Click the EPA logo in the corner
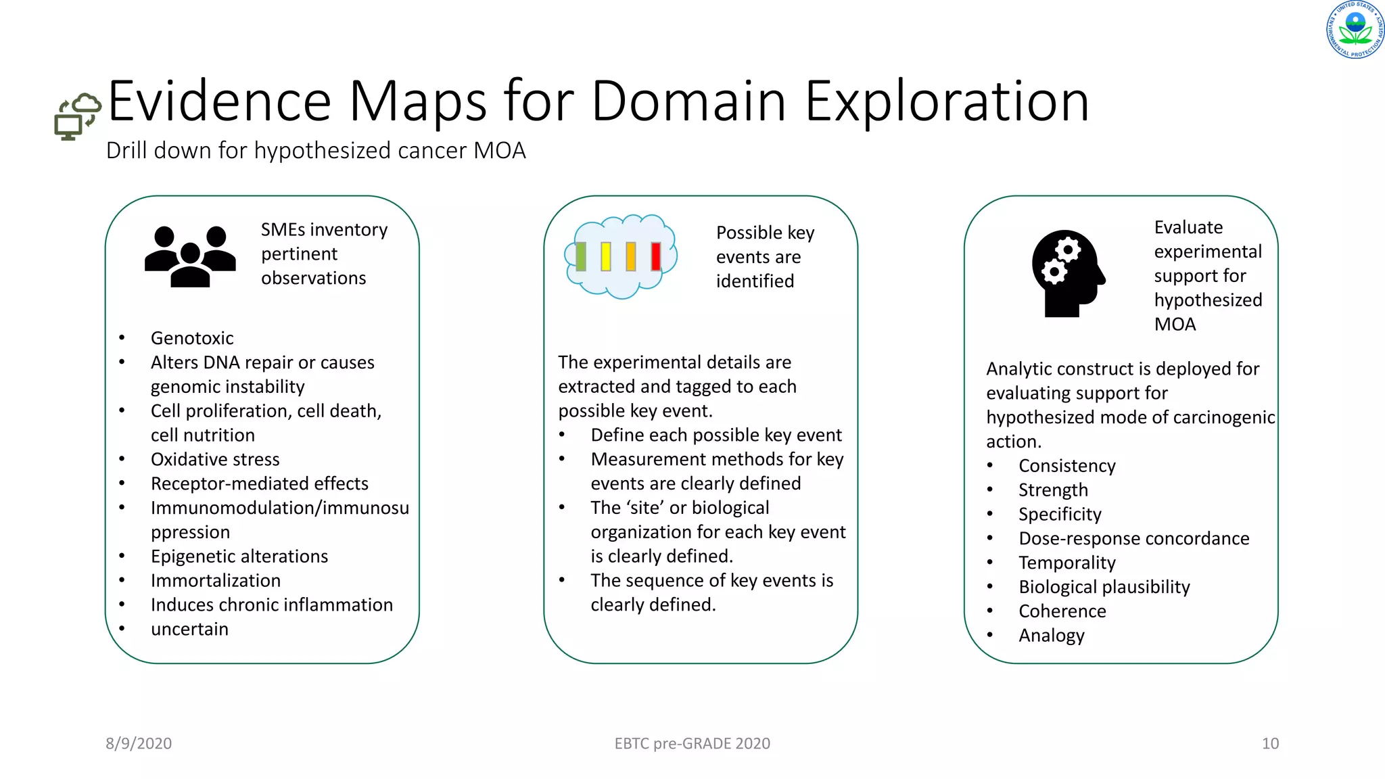[x=1355, y=30]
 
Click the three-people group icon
[x=190, y=256]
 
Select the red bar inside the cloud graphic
[x=655, y=257]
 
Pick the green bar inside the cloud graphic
[x=580, y=257]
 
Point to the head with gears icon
[x=1067, y=273]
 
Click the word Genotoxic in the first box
[x=192, y=338]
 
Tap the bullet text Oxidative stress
[x=215, y=459]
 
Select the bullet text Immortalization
[x=216, y=580]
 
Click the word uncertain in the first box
[x=189, y=629]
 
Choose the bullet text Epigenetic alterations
[x=239, y=556]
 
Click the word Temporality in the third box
[x=1067, y=563]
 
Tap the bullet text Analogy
[x=1052, y=636]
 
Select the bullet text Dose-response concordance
[x=1134, y=538]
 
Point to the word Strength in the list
[x=1053, y=490]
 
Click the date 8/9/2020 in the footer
[x=139, y=743]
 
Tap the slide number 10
[x=1270, y=743]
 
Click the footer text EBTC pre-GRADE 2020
[x=692, y=743]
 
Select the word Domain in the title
[x=688, y=101]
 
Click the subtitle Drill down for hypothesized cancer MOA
[x=316, y=150]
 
